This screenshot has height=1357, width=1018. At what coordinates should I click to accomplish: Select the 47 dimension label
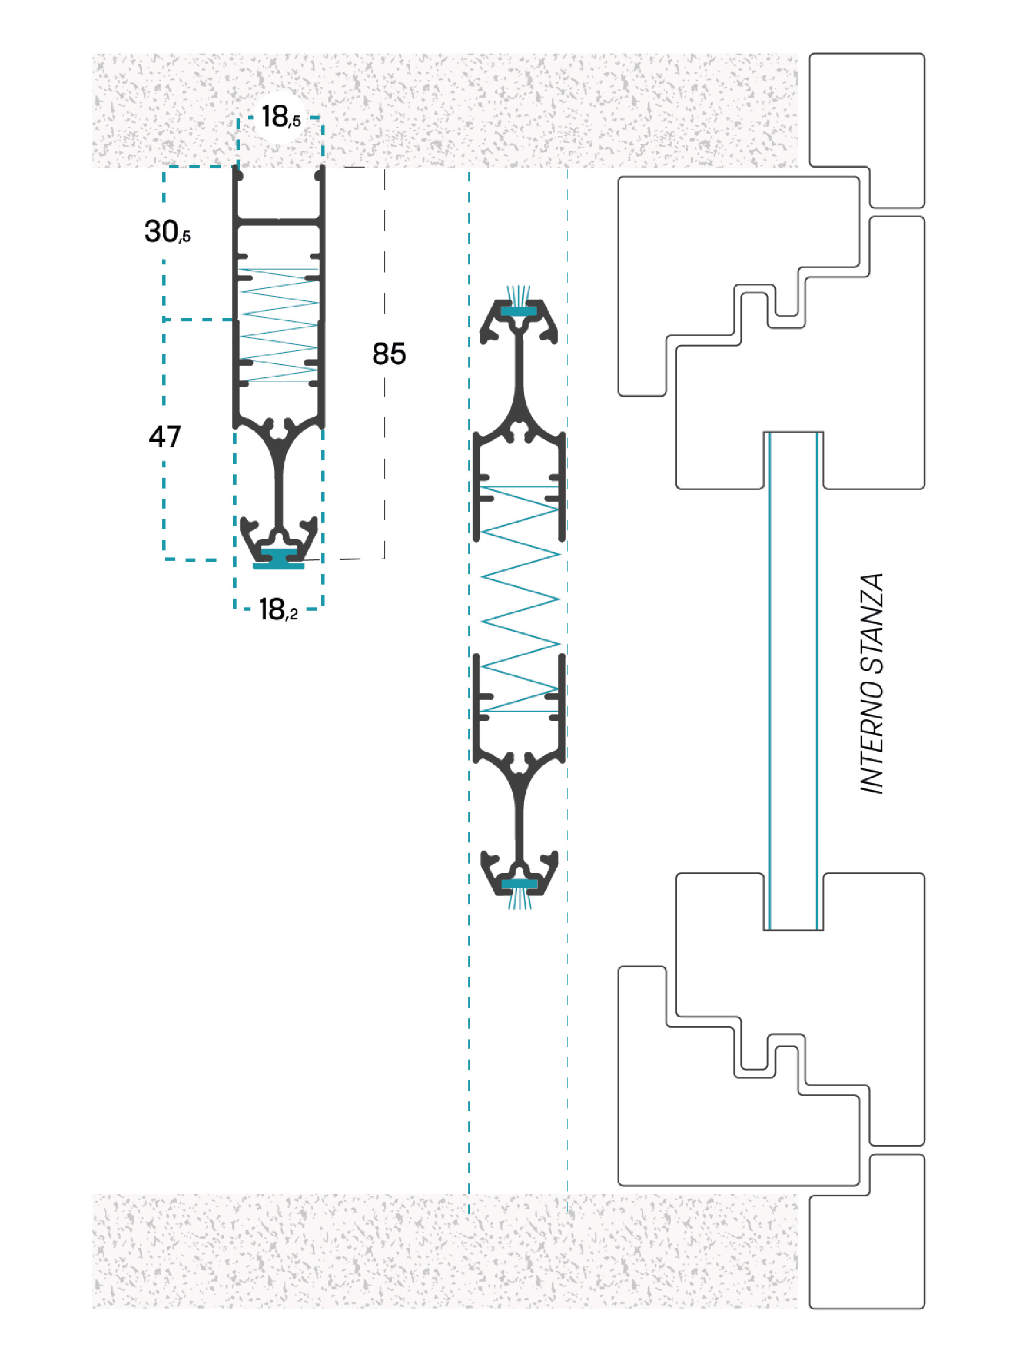point(165,437)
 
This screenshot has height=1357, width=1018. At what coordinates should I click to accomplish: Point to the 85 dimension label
point(389,354)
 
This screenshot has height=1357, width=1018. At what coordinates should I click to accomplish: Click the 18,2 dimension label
point(278,609)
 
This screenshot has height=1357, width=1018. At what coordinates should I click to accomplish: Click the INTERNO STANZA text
point(871,683)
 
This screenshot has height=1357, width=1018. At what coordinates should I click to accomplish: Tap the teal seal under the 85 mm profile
point(278,560)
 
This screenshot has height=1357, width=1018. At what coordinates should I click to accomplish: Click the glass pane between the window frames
point(793,681)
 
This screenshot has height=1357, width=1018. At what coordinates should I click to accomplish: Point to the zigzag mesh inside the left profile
point(279,325)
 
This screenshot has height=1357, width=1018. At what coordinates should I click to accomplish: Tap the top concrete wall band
point(444,110)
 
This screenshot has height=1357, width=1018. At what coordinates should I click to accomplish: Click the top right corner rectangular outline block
point(867,130)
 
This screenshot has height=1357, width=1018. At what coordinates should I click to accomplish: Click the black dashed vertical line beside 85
point(385,363)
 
